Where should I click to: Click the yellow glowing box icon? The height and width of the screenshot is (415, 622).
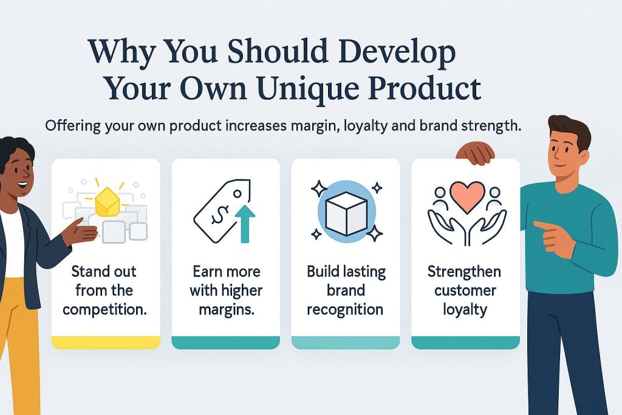click(107, 202)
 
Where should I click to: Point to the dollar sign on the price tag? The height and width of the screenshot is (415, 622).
click(219, 214)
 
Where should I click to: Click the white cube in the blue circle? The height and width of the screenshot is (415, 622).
click(346, 213)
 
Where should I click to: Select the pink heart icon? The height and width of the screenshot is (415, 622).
click(467, 196)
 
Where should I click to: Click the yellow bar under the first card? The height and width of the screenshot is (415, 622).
click(106, 343)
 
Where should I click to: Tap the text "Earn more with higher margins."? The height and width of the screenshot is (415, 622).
click(226, 290)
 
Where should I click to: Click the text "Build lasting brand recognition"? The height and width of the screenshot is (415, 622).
click(346, 290)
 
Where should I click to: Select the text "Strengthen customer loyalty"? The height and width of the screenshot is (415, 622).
click(465, 290)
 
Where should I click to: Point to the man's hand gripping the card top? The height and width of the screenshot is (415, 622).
click(476, 153)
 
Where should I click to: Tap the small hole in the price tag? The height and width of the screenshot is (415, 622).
click(238, 194)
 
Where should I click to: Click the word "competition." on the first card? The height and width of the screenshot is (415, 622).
click(104, 310)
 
